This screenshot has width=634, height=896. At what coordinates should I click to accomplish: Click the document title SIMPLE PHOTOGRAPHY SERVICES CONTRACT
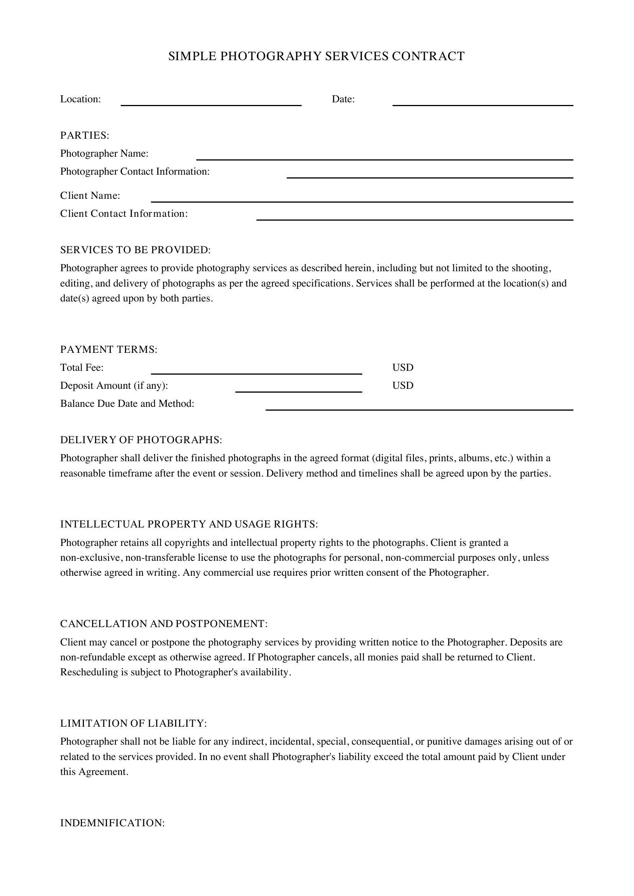(x=316, y=56)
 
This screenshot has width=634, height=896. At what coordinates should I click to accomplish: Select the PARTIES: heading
(x=85, y=135)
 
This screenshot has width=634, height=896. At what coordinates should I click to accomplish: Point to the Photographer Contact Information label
(x=135, y=172)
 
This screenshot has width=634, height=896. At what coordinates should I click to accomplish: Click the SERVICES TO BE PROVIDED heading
(x=135, y=250)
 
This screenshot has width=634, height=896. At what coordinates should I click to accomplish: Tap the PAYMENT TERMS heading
(x=108, y=349)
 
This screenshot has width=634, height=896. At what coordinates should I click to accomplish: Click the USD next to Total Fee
(x=402, y=367)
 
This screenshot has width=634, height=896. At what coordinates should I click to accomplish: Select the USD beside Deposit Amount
(x=402, y=386)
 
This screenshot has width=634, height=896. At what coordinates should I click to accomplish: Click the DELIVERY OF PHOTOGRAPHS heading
(x=141, y=440)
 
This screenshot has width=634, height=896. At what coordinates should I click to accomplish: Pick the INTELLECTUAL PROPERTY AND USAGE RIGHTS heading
(x=189, y=524)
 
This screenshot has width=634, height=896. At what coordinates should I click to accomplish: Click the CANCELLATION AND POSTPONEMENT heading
(x=164, y=624)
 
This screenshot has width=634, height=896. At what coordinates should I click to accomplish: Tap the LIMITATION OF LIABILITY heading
(x=133, y=723)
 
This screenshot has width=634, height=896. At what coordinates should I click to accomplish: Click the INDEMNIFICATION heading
(x=112, y=823)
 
